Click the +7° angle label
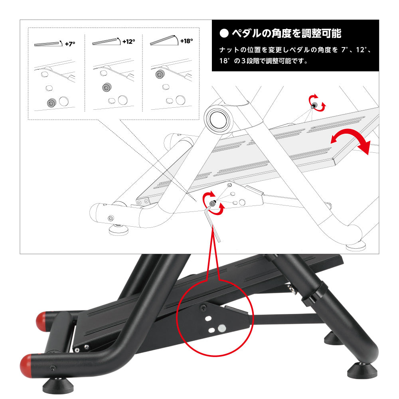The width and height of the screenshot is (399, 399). pyautogui.click(x=70, y=44)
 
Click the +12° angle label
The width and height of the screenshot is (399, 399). pyautogui.click(x=128, y=41)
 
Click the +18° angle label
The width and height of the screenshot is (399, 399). pyautogui.click(x=186, y=41)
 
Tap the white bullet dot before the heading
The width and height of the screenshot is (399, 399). pyautogui.click(x=224, y=34)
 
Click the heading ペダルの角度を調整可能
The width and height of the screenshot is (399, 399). pyautogui.click(x=286, y=34)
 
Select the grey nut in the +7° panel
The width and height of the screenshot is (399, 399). pyautogui.click(x=51, y=103)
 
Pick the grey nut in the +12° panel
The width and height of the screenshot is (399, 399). pyautogui.click(x=107, y=87)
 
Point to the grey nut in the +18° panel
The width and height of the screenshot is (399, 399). pyautogui.click(x=160, y=74)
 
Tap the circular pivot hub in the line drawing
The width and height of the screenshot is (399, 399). pyautogui.click(x=218, y=120)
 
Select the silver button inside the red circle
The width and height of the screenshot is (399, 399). pyautogui.click(x=222, y=328)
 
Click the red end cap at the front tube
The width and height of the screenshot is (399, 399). pyautogui.click(x=26, y=365)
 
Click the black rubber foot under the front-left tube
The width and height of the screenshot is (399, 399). pyautogui.click(x=58, y=387)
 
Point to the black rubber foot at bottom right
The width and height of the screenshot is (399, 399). pyautogui.click(x=362, y=371)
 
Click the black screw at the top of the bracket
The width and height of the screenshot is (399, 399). pyautogui.click(x=203, y=308)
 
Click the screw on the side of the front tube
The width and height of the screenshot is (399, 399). pyautogui.click(x=53, y=368)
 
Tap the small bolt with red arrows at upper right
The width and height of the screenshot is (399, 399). pyautogui.click(x=314, y=105)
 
